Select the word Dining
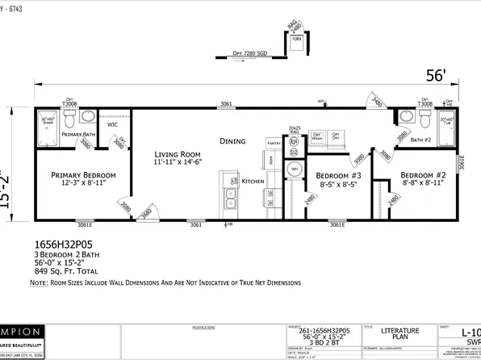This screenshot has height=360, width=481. tap(232, 142)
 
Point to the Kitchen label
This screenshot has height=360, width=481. tap(253, 182)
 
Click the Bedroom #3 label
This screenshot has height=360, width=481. tap(337, 175)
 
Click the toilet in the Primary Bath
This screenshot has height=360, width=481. tap(69, 119)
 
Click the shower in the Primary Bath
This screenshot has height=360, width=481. tap(46, 125)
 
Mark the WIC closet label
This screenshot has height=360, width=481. tap(112, 125)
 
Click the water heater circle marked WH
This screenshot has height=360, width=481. tap(295, 169)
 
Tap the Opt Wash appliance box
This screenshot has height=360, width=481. tap(317, 136)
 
